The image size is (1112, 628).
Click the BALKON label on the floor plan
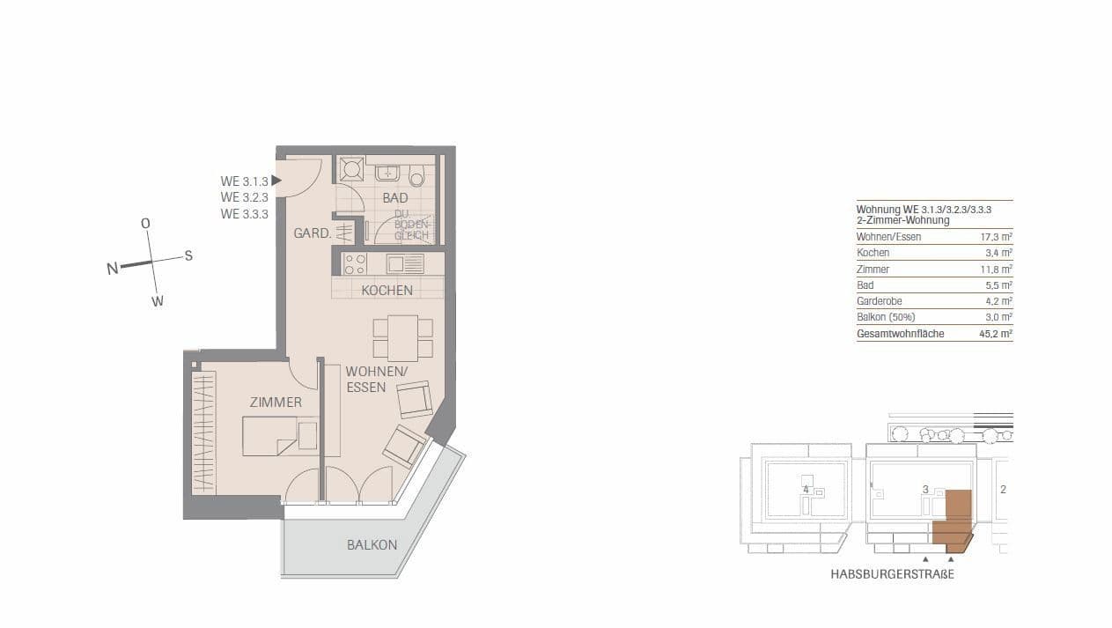372,545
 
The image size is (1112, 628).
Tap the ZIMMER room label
276,403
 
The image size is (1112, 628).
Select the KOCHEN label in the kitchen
387,290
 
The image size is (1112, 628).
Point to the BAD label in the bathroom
395,198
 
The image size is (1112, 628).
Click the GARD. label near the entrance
312,234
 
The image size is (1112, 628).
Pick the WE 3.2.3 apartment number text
244,197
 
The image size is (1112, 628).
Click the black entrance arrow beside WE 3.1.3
276,181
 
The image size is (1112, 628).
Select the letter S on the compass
188,255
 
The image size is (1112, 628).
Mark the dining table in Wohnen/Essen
402,336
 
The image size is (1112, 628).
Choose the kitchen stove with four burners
355,264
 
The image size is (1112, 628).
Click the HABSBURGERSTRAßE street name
892,574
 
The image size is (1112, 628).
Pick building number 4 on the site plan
806,489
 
